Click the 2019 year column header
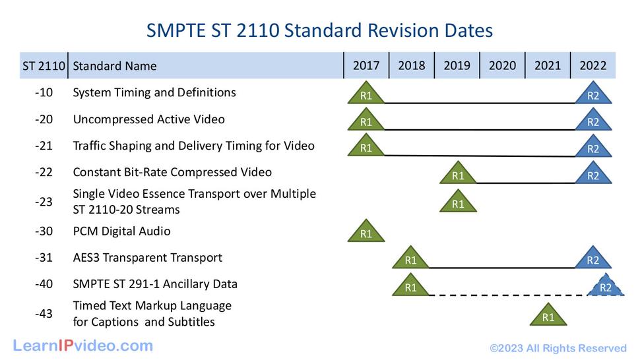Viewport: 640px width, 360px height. pos(457,65)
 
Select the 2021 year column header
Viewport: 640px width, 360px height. pos(548,65)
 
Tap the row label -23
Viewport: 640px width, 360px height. pos(44,202)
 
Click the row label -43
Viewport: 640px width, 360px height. pos(44,314)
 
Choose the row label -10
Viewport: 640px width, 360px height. pos(44,93)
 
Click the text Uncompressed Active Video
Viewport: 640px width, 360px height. pos(148,119)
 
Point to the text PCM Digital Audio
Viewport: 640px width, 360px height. pos(121,231)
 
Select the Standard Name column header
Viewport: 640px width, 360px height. pos(115,66)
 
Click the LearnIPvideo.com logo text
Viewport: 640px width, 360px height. pos(83,345)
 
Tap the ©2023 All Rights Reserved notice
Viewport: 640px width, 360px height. pos(558,348)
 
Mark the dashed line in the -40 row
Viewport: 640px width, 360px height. pos(508,295)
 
